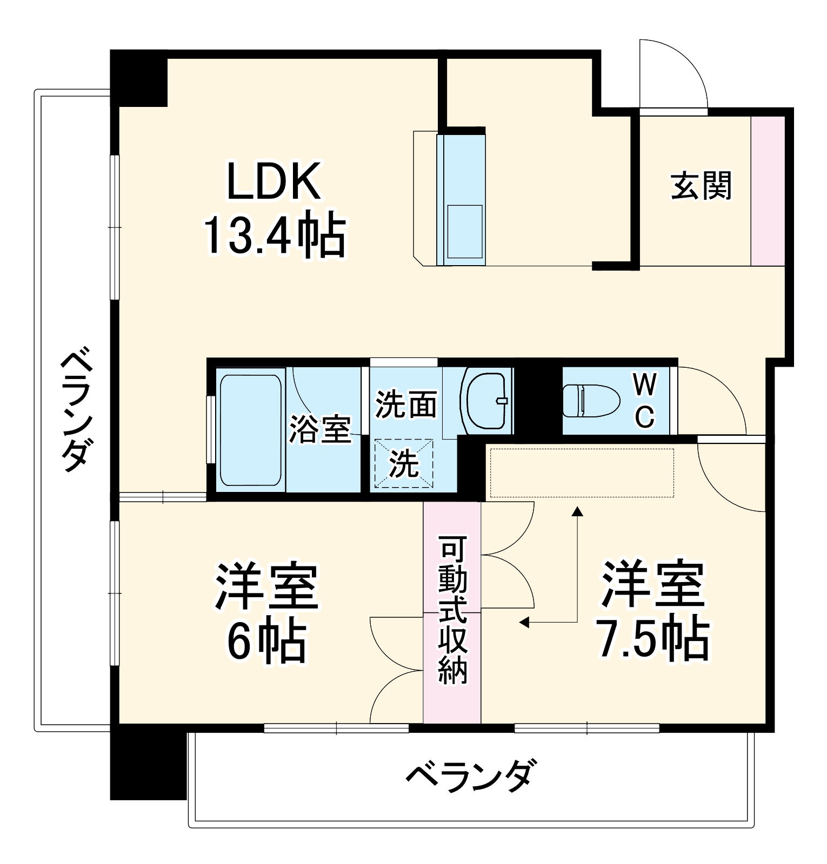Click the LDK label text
[x=274, y=181]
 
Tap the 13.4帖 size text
[x=274, y=235]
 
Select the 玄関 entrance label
[x=701, y=185]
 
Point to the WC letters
[x=645, y=401]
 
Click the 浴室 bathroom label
[x=320, y=429]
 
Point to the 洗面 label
[x=406, y=403]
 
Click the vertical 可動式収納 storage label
[x=452, y=611]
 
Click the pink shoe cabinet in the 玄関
[x=768, y=191]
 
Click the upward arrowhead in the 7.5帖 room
[x=578, y=510]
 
